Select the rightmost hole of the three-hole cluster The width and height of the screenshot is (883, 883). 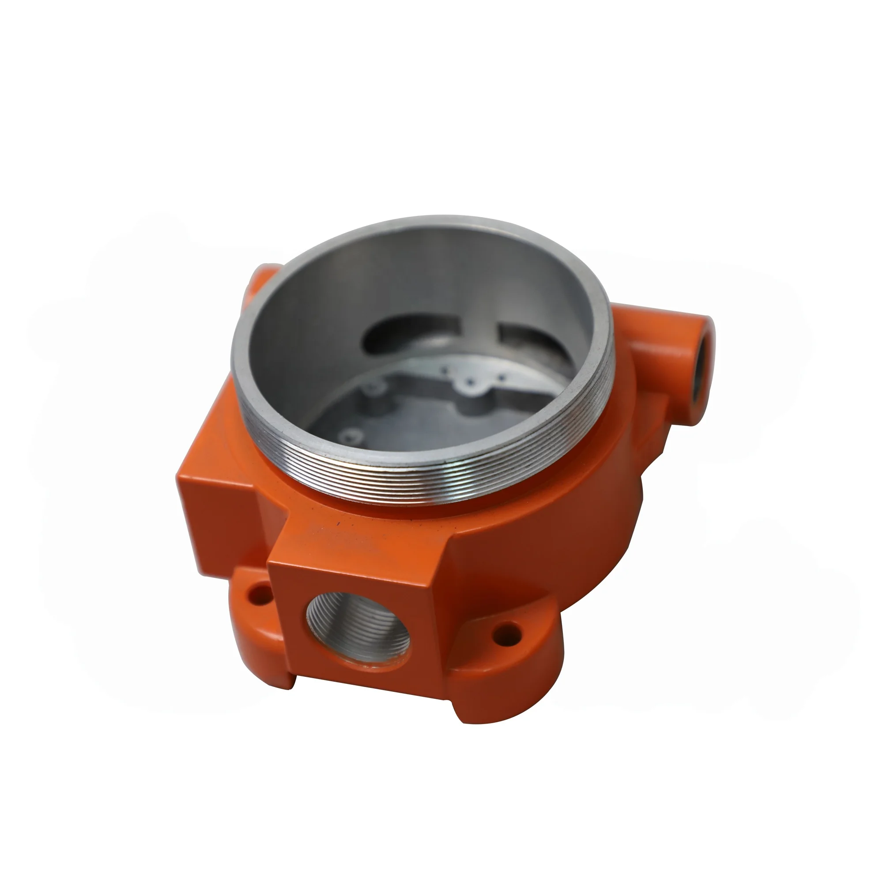tap(502, 377)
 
